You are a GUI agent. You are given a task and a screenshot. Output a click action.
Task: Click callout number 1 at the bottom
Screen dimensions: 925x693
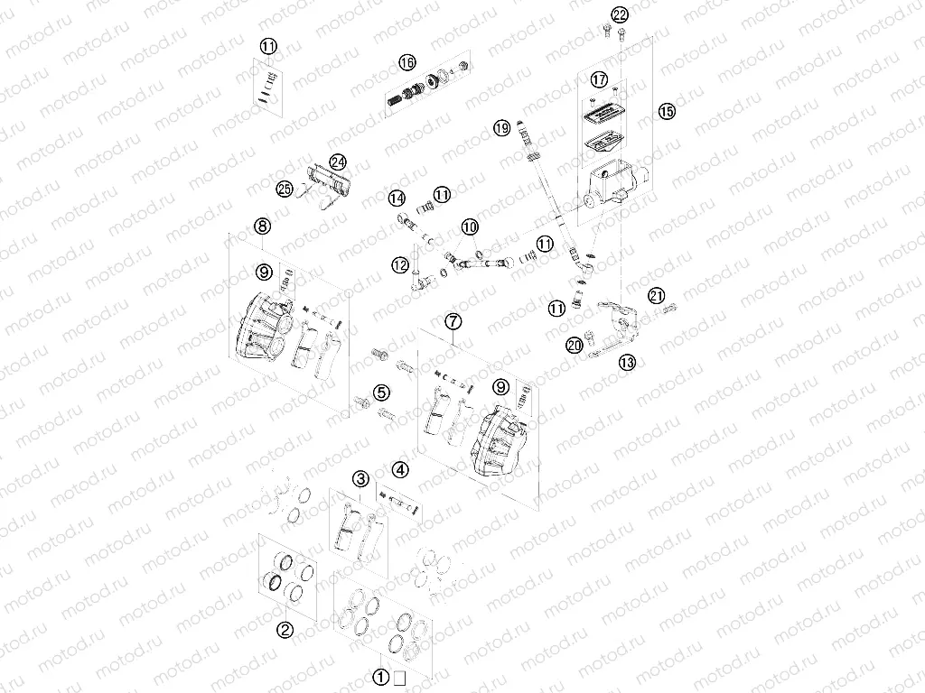coord(382,678)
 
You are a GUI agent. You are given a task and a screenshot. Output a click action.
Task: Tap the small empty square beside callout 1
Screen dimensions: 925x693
coord(399,679)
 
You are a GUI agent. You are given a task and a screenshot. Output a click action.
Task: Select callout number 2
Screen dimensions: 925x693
coord(285,630)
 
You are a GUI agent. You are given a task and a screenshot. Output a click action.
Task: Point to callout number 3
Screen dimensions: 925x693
coord(361,479)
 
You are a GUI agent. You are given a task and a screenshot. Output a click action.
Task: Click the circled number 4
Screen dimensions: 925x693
coord(400,470)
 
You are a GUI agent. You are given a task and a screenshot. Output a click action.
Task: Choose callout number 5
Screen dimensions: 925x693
coord(381,393)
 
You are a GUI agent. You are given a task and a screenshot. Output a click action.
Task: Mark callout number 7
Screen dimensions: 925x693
coord(453,322)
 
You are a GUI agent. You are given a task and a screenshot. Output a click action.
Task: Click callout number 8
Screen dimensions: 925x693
coord(263,226)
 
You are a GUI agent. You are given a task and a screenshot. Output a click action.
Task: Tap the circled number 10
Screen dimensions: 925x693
coord(470,226)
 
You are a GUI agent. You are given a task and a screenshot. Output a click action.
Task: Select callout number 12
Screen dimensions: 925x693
coord(400,265)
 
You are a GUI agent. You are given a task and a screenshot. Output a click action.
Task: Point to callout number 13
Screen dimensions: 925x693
coord(628,362)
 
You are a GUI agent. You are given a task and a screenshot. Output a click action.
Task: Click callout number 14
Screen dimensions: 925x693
coord(397,199)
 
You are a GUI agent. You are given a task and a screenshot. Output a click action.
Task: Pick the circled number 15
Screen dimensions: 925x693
coord(667,111)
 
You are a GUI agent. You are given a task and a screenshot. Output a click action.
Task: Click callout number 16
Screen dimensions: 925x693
coord(407,62)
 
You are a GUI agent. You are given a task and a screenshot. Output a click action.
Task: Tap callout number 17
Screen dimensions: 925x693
coord(599,79)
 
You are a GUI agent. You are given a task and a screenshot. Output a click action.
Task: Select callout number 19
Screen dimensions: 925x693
coord(502,127)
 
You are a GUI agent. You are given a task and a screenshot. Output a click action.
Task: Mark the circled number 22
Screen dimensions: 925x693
coord(620,14)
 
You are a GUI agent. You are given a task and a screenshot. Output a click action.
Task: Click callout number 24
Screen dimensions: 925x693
coord(338,162)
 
